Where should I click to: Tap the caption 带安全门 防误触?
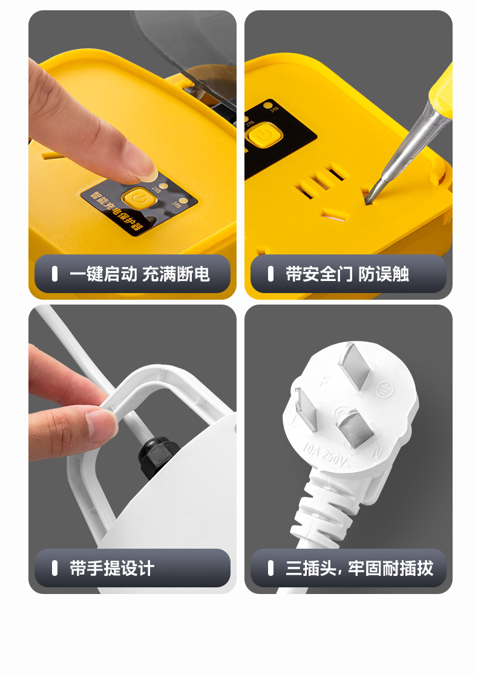(x=347, y=274)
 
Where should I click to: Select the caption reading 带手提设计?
(x=112, y=568)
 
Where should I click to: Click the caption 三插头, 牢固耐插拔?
(x=359, y=568)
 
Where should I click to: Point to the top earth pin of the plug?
(x=355, y=366)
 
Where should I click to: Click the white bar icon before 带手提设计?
(x=54, y=568)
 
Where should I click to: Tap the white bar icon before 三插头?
(x=270, y=568)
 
